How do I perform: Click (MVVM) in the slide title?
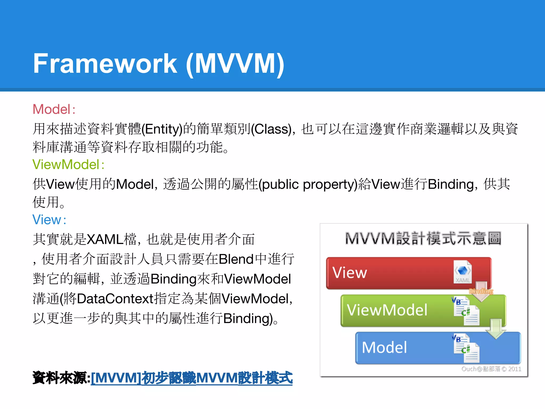click(235, 64)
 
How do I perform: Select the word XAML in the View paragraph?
click(105, 239)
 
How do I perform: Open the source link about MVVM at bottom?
click(192, 378)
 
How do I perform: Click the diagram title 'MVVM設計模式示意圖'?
click(423, 238)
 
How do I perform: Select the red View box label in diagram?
click(350, 273)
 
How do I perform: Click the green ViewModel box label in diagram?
click(387, 310)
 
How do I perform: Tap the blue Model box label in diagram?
click(384, 347)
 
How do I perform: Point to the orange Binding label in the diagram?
click(481, 291)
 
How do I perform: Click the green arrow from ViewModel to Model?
click(496, 329)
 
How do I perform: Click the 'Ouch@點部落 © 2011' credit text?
click(491, 369)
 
